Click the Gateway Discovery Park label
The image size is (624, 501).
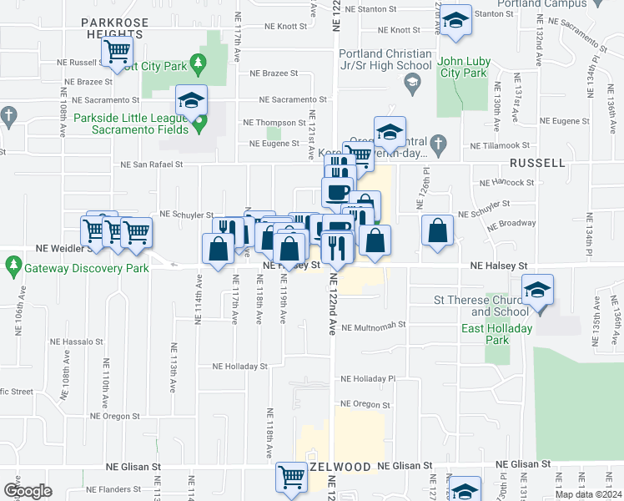(x=86, y=269)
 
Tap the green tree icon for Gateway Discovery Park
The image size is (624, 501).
(x=13, y=268)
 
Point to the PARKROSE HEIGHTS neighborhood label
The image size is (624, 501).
(x=117, y=28)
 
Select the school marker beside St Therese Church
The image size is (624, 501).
(x=538, y=291)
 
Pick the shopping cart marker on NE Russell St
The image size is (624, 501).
(x=117, y=53)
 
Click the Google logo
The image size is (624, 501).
(x=28, y=490)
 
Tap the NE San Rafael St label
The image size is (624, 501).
(x=153, y=164)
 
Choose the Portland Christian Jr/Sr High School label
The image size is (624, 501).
(x=385, y=60)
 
